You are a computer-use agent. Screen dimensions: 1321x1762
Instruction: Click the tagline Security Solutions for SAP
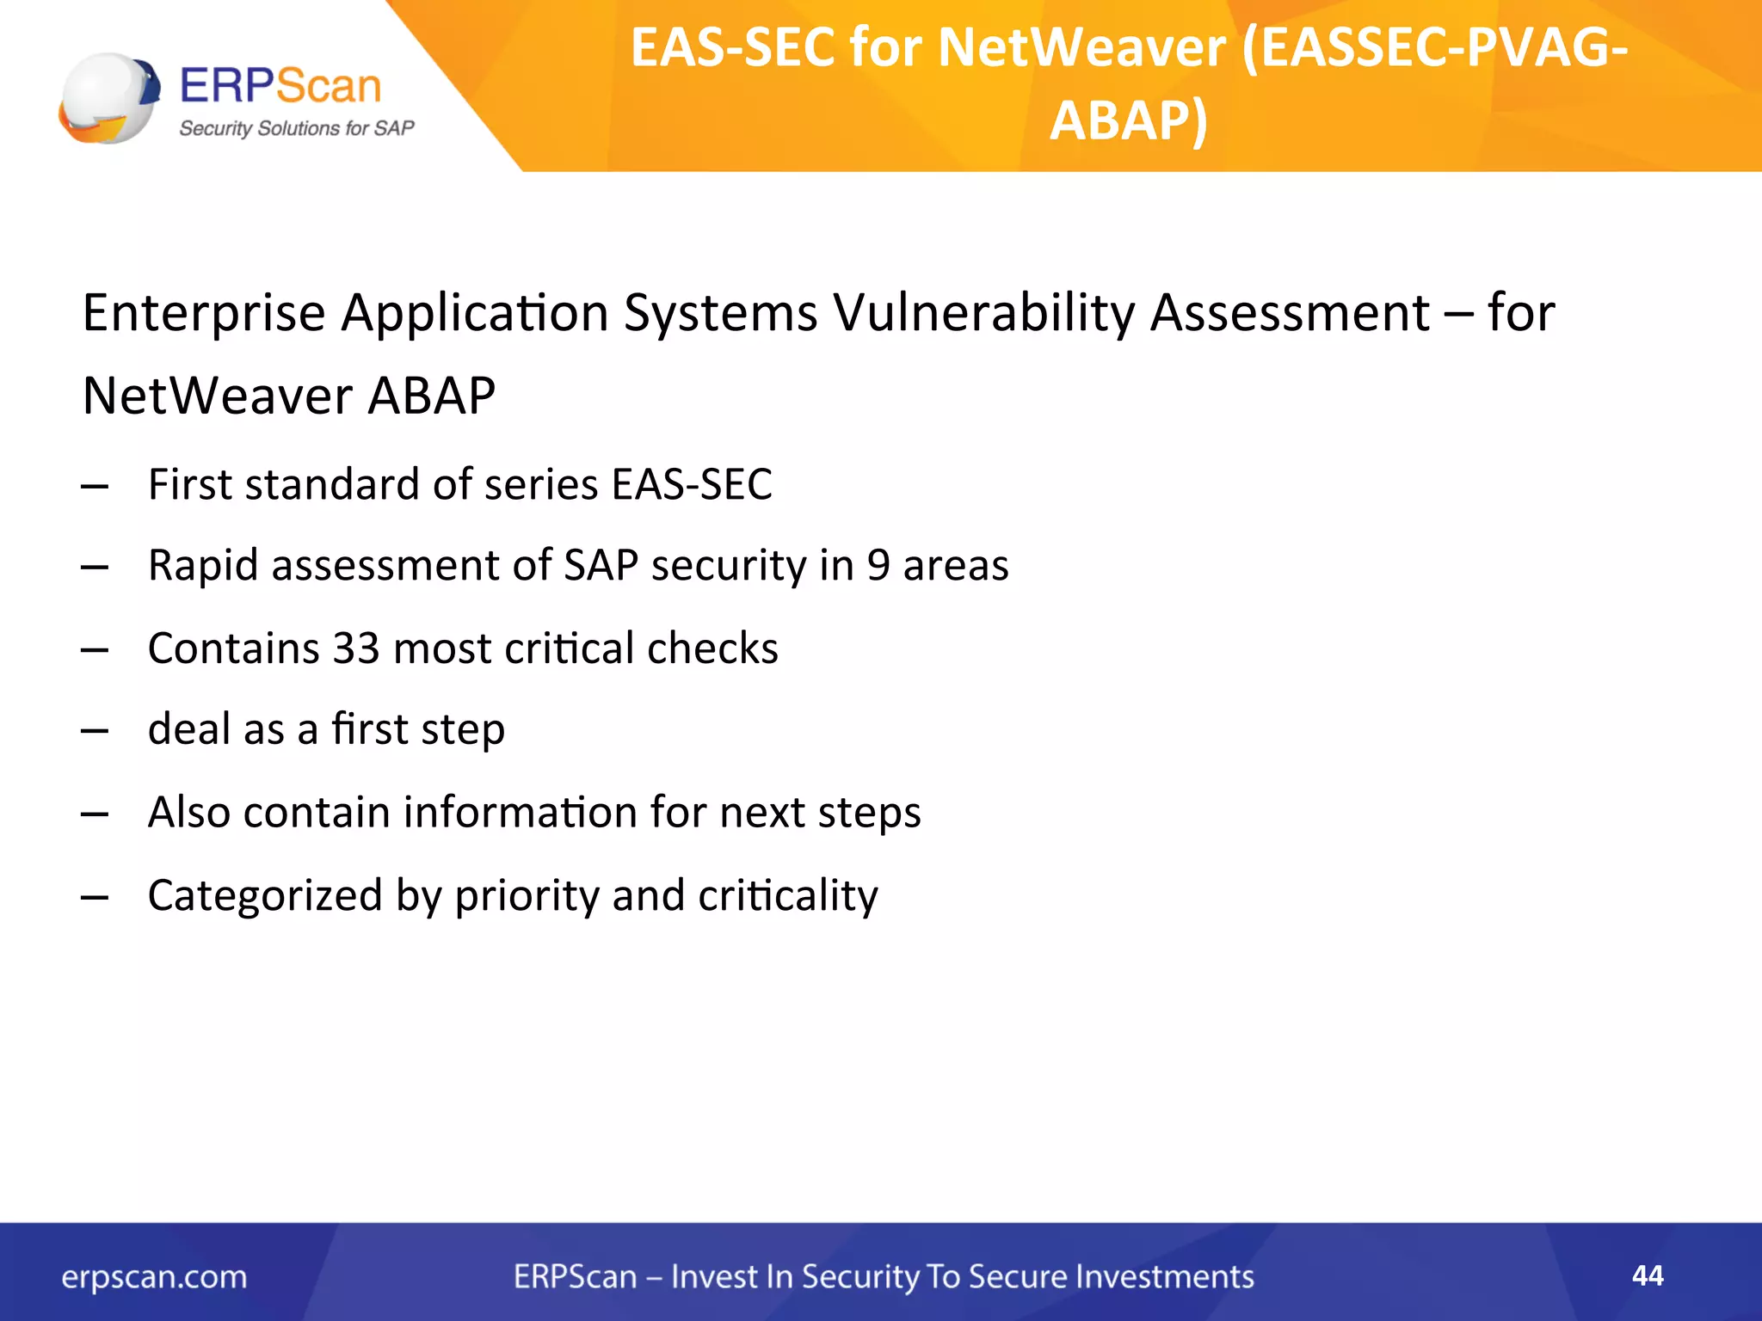pyautogui.click(x=296, y=129)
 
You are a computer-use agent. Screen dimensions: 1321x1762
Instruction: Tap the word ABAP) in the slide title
pyautogui.click(x=1128, y=120)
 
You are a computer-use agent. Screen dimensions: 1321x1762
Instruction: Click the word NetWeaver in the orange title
pyautogui.click(x=1081, y=48)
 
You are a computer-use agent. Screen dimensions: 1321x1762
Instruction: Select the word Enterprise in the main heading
pyautogui.click(x=204, y=312)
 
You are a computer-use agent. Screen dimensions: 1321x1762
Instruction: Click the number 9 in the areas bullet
pyautogui.click(x=878, y=566)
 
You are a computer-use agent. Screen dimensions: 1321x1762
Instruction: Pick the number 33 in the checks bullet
pyautogui.click(x=356, y=648)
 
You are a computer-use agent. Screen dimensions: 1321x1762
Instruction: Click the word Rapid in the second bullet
pyautogui.click(x=203, y=566)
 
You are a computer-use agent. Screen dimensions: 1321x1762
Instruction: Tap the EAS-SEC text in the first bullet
pyautogui.click(x=692, y=484)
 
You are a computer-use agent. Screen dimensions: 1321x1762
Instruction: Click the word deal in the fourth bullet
pyautogui.click(x=188, y=729)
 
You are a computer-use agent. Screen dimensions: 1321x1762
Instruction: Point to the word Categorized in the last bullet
pyautogui.click(x=264, y=895)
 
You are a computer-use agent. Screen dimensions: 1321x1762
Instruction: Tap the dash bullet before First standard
pyautogui.click(x=95, y=487)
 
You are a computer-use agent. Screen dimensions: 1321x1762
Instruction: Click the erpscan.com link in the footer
pyautogui.click(x=154, y=1277)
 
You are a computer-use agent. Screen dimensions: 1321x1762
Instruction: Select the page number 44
pyautogui.click(x=1648, y=1275)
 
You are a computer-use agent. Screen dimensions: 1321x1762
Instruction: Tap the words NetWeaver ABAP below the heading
pyautogui.click(x=289, y=396)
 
